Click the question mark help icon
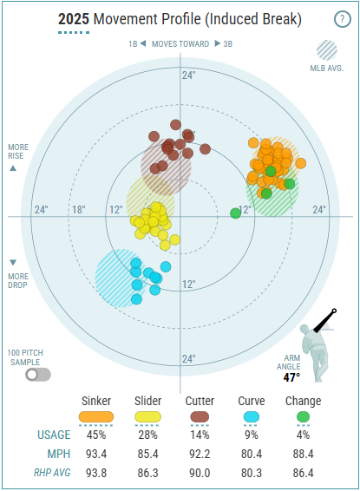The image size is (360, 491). (342, 19)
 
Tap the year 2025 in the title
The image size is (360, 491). (74, 19)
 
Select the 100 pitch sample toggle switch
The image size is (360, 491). (38, 375)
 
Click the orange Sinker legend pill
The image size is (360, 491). (96, 416)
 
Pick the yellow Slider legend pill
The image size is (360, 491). (147, 416)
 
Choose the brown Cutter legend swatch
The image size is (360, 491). (200, 416)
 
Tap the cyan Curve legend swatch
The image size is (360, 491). (252, 416)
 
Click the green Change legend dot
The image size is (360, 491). (303, 416)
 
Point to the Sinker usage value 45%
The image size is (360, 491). (96, 435)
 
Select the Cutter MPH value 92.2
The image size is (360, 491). (200, 454)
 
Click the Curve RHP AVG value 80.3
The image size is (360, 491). (252, 473)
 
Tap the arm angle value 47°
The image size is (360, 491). (291, 377)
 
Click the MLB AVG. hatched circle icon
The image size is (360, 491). (327, 50)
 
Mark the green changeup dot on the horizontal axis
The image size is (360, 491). (235, 213)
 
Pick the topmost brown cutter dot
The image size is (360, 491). (175, 125)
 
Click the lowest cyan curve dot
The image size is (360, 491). (136, 299)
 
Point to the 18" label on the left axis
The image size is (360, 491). (79, 209)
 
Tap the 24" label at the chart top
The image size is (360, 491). (189, 75)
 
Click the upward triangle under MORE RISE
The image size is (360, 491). (13, 168)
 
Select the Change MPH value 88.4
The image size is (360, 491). (303, 454)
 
